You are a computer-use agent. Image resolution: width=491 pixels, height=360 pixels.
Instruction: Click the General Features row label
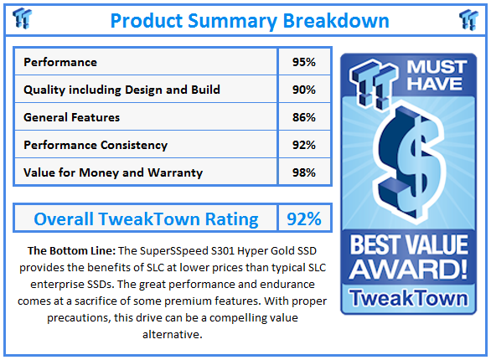pyautogui.click(x=71, y=117)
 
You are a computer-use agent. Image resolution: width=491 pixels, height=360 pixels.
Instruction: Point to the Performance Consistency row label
pyautogui.click(x=96, y=145)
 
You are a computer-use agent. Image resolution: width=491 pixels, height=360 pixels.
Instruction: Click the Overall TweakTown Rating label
pyautogui.click(x=146, y=219)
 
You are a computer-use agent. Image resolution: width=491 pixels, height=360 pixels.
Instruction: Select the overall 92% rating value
pyautogui.click(x=303, y=219)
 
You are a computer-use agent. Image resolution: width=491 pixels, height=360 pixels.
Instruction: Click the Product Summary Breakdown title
pyautogui.click(x=249, y=19)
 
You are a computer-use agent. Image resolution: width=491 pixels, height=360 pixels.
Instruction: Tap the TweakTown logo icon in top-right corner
pyautogui.click(x=469, y=18)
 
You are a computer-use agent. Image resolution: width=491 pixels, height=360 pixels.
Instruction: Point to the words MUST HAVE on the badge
pyautogui.click(x=427, y=75)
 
